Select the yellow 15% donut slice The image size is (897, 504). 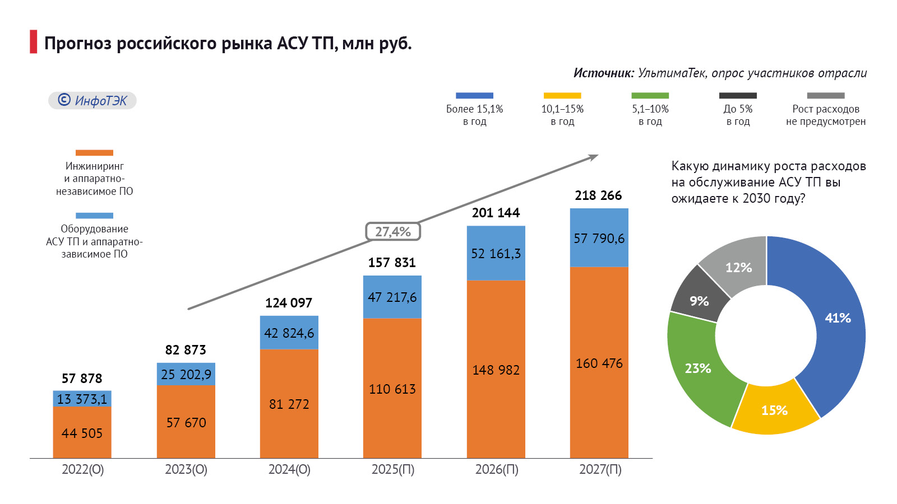774,410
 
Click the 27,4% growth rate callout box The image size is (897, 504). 393,231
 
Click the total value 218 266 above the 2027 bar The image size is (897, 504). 598,195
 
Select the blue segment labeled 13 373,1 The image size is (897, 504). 82,399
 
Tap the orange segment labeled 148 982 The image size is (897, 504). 496,370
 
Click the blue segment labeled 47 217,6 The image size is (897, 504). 392,297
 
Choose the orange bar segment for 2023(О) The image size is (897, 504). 186,422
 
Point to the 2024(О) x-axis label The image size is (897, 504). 289,469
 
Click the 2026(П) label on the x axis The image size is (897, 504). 497,469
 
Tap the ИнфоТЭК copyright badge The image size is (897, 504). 93,100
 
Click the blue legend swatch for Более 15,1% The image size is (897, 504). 474,96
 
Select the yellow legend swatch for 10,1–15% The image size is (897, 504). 562,96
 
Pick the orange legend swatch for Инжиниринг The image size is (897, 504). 94,153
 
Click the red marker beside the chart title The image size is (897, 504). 34,42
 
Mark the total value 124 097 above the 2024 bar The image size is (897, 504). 288,303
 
